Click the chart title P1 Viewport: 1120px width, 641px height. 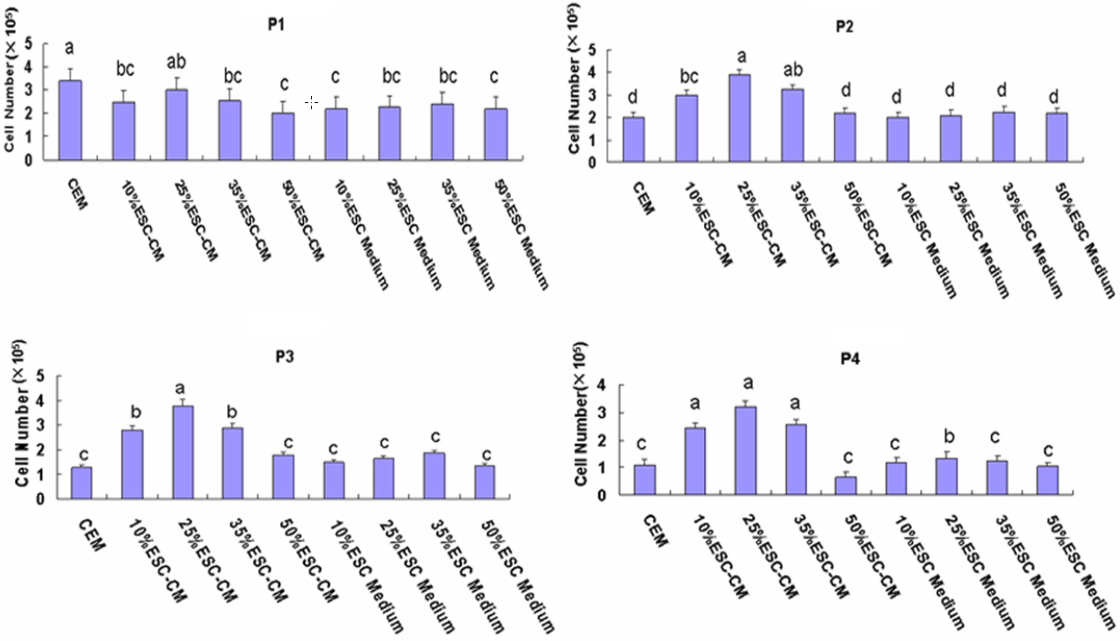click(x=276, y=24)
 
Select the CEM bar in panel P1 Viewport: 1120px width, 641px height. click(x=70, y=120)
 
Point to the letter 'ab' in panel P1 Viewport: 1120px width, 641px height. click(x=178, y=63)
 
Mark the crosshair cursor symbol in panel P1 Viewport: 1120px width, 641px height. click(x=311, y=103)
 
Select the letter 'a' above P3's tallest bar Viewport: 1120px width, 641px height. click(x=181, y=388)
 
